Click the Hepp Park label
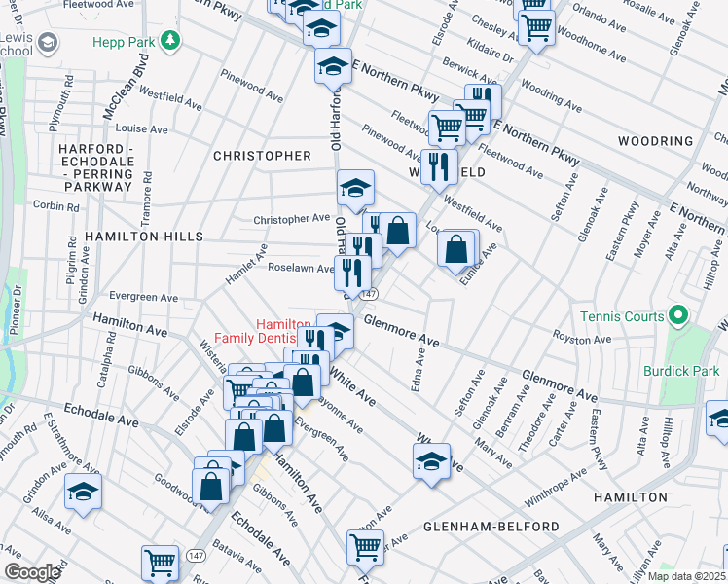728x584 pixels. pos(125,42)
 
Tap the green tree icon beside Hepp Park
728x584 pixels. pos(171,40)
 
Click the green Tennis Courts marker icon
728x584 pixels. pos(679,316)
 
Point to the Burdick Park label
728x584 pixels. pos(680,371)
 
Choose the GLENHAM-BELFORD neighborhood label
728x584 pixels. pos(491,527)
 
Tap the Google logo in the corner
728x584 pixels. pos(31,572)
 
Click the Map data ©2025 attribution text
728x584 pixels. pos(685,576)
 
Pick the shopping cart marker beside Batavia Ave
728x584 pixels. pos(160,562)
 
